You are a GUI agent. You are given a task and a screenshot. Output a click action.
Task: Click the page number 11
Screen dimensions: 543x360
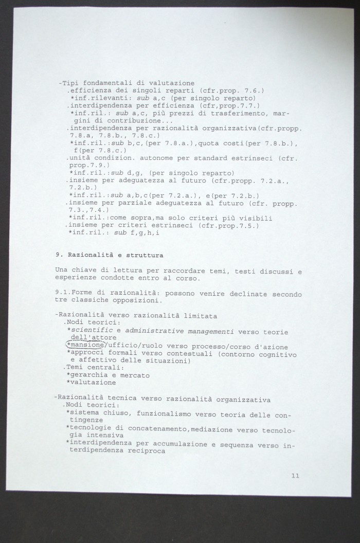[295, 476]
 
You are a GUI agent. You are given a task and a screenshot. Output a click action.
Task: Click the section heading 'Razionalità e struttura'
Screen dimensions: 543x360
[114, 255]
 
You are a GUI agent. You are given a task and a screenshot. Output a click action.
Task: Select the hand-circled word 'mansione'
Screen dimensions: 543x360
[87, 346]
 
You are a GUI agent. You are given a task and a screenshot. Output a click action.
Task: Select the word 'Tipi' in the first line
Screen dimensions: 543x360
[70, 83]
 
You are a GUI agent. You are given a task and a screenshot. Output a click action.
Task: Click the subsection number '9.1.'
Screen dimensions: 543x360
[64, 293]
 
